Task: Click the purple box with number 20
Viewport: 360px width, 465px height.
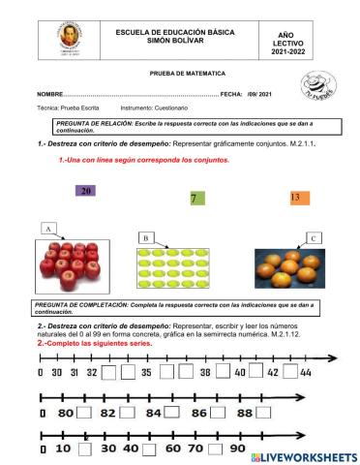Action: (86, 192)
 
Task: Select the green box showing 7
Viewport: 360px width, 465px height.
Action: (194, 199)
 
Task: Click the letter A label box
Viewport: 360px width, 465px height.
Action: (46, 228)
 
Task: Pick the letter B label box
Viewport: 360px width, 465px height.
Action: (145, 237)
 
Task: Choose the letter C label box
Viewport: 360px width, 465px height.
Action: (313, 237)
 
